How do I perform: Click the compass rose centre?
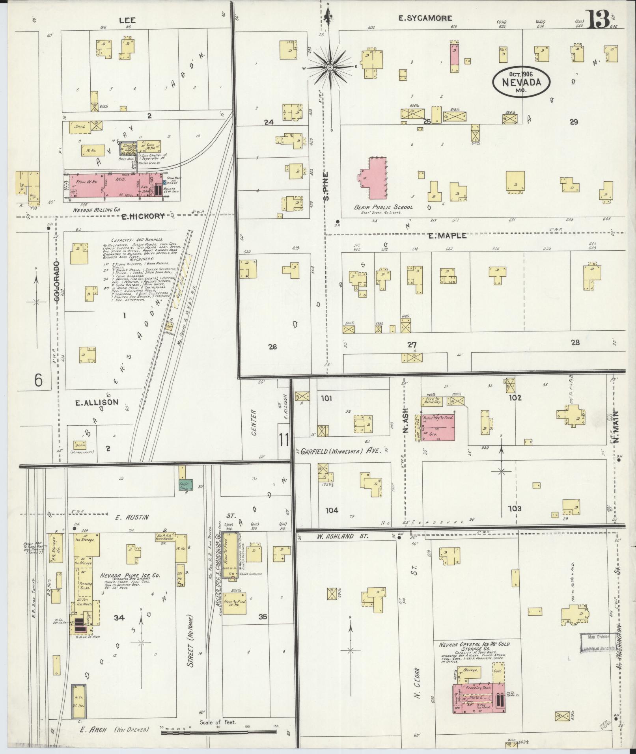pos(329,68)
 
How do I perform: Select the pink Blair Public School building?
pos(375,177)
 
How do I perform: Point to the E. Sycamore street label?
pos(425,18)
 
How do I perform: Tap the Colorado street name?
pos(57,281)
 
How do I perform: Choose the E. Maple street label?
pos(447,236)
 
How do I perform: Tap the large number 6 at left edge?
pos(38,380)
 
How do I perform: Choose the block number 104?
pos(332,510)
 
